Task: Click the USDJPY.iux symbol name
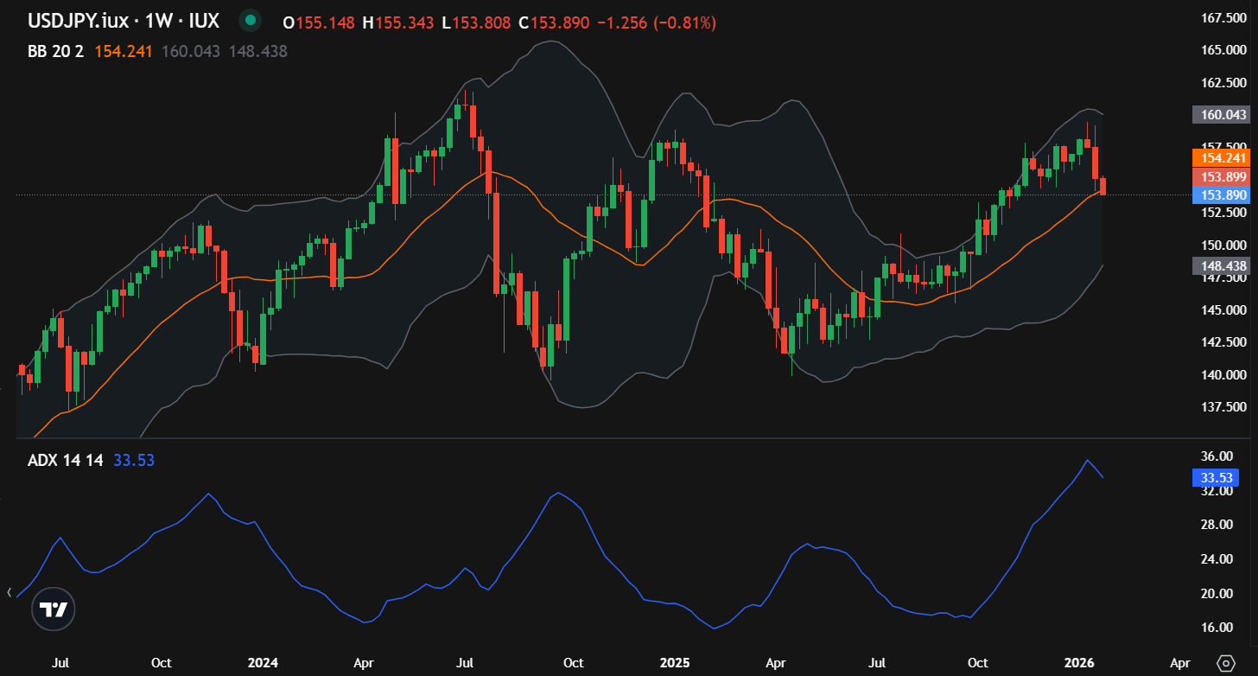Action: [78, 22]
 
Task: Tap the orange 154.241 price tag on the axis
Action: [1223, 158]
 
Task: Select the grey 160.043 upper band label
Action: [1222, 115]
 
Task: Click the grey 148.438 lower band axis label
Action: [1222, 265]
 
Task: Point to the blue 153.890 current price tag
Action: [1222, 195]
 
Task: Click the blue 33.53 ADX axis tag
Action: [1216, 478]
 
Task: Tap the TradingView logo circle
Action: [54, 609]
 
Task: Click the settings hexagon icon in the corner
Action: [1226, 663]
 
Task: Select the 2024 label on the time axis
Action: [263, 662]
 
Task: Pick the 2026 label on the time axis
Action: [1079, 662]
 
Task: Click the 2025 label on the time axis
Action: [675, 662]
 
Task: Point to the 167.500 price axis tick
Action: [1223, 18]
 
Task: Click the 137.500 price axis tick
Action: [1223, 407]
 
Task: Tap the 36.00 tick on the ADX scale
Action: [1217, 456]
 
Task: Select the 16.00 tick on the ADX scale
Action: [1217, 627]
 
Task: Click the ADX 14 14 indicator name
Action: [65, 460]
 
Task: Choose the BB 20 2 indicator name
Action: [55, 51]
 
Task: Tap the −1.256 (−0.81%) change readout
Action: [657, 22]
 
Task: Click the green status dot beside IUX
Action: [251, 21]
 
